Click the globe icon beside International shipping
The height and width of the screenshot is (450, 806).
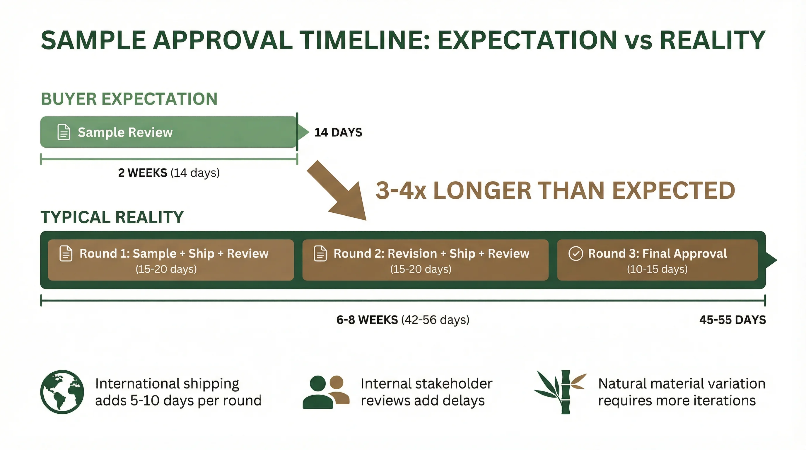click(62, 392)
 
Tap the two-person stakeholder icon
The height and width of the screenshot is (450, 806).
click(325, 392)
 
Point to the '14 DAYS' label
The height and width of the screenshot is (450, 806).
click(338, 132)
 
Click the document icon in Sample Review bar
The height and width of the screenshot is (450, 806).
click(64, 132)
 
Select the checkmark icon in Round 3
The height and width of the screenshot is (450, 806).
click(576, 253)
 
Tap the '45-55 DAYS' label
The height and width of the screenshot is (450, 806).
click(732, 320)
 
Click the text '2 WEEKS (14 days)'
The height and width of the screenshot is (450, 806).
click(169, 173)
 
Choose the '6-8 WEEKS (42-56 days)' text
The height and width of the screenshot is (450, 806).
click(403, 320)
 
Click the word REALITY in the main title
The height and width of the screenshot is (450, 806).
click(713, 41)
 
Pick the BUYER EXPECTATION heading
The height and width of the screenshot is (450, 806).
click(129, 99)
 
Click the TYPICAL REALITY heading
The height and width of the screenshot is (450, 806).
click(112, 217)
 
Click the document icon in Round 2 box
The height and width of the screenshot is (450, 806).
click(320, 253)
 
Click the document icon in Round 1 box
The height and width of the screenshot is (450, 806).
click(66, 253)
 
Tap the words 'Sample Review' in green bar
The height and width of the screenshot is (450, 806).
click(125, 132)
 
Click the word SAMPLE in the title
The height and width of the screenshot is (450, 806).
click(93, 41)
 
